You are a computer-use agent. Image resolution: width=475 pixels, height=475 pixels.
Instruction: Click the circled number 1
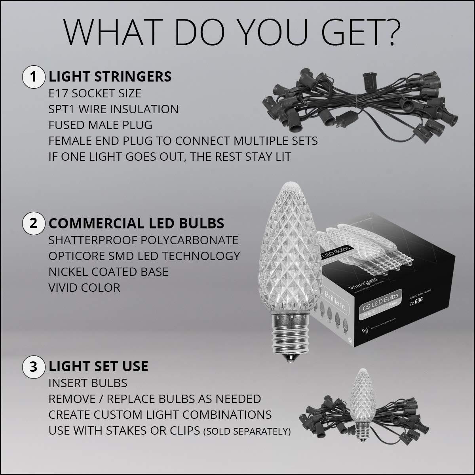tap(33, 77)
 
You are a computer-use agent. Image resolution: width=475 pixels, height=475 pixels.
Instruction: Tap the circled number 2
tap(33, 223)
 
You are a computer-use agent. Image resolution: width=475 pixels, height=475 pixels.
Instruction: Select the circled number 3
tap(33, 366)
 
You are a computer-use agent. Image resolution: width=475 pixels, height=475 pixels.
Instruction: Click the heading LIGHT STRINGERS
tap(110, 77)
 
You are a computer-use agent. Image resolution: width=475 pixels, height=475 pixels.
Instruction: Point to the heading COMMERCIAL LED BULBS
tap(136, 223)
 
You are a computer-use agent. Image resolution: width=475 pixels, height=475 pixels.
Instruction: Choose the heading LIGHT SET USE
tap(98, 366)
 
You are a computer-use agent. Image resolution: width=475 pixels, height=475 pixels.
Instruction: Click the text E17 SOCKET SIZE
tap(95, 93)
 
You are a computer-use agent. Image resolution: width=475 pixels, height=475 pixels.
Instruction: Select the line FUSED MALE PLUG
tap(101, 125)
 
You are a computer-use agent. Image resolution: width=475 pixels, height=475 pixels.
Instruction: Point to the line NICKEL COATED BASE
tap(108, 272)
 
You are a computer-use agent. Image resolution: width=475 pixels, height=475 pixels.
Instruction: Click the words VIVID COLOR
tap(84, 288)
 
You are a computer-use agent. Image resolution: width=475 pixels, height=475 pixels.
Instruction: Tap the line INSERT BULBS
tap(88, 383)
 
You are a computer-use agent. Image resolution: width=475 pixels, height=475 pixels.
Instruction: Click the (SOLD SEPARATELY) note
tap(247, 431)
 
